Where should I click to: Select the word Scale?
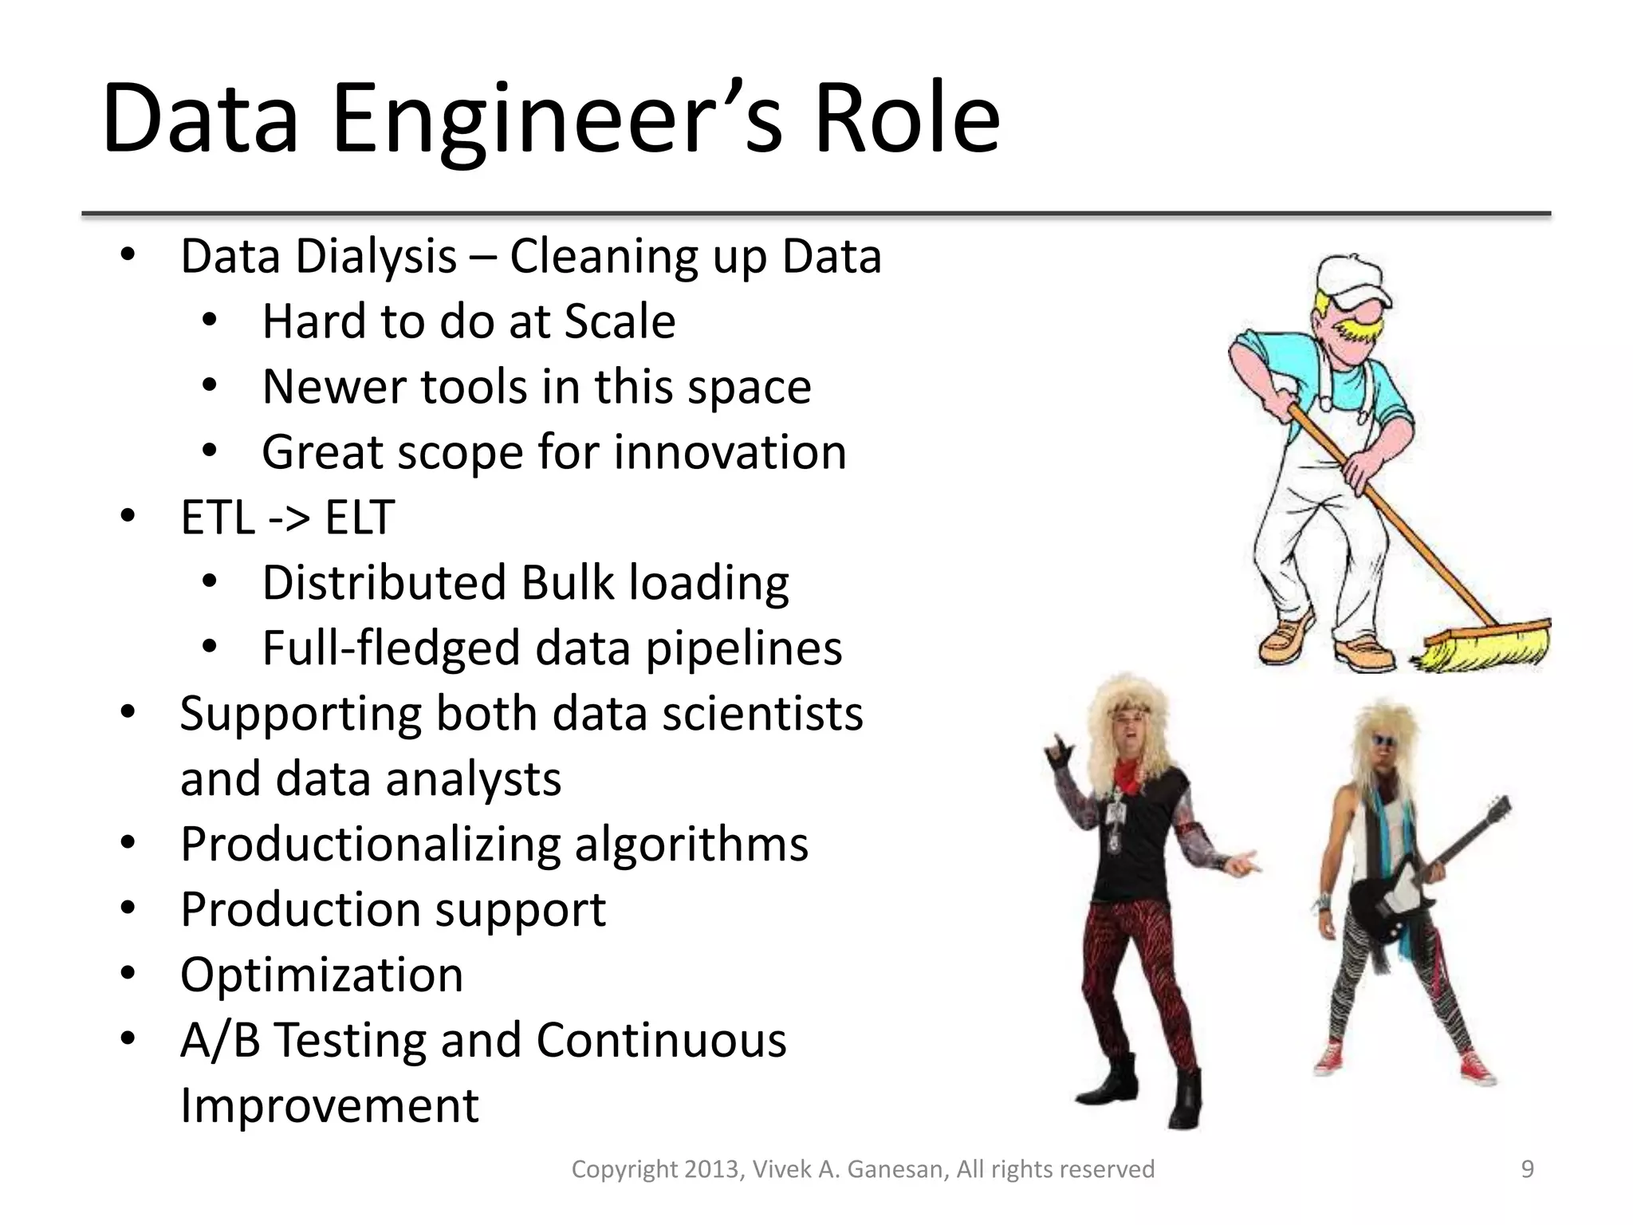point(620,322)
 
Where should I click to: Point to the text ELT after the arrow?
point(360,518)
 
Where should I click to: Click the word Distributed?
point(384,582)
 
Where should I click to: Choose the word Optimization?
point(321,975)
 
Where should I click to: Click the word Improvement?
point(329,1105)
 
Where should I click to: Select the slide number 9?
point(1527,1169)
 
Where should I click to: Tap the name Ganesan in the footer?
point(897,1169)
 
